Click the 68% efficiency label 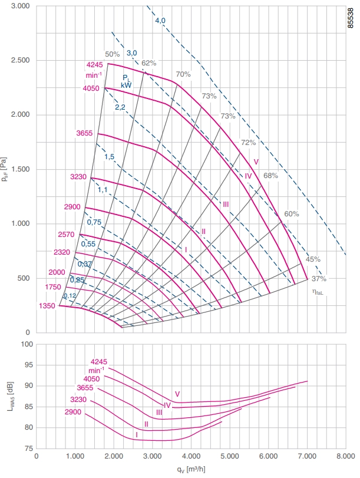(270, 176)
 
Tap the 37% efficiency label (319, 279)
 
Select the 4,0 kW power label (160, 21)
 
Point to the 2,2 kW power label (120, 107)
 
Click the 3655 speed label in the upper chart (84, 133)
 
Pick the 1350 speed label (47, 306)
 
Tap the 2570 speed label (66, 235)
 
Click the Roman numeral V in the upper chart (256, 162)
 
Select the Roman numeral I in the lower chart (137, 435)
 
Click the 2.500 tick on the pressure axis (21, 60)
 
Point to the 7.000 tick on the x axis (307, 456)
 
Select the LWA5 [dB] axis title (11, 396)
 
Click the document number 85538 (351, 18)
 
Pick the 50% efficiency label (113, 54)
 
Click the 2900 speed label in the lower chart (73, 412)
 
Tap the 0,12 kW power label (70, 296)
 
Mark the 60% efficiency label (292, 214)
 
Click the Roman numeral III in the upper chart (226, 205)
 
